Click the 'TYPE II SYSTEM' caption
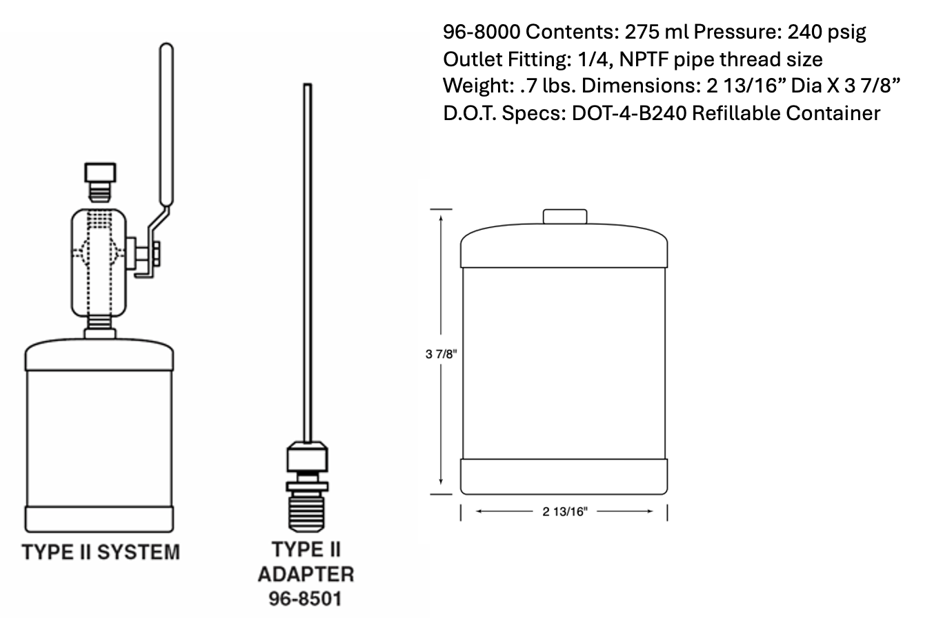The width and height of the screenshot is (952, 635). click(x=101, y=552)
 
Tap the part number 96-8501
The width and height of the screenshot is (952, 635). click(x=306, y=598)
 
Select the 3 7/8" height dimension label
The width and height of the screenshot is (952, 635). click(x=441, y=354)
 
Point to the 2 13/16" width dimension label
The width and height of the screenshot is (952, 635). click(x=564, y=511)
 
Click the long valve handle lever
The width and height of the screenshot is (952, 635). click(x=166, y=124)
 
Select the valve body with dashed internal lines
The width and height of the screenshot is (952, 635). click(x=99, y=262)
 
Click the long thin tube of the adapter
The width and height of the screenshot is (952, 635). click(x=308, y=262)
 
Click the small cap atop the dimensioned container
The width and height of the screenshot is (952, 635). click(x=565, y=217)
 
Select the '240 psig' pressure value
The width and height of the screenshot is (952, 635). click(x=826, y=32)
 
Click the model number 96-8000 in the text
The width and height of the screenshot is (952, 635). click(x=482, y=32)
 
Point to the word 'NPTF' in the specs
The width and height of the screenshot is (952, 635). click(x=644, y=59)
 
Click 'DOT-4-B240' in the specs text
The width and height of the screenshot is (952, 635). click(x=628, y=113)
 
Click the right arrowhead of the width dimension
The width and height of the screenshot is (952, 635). click(x=648, y=511)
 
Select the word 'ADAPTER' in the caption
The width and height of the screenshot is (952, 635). click(x=306, y=574)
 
